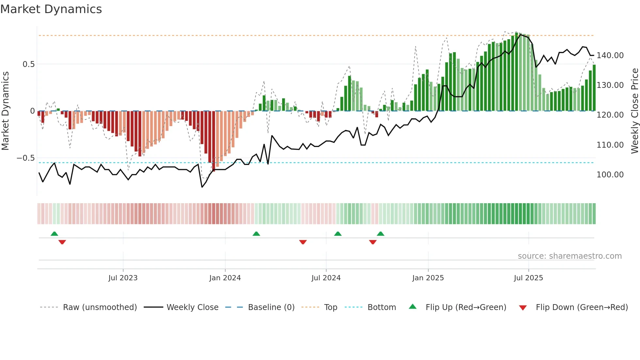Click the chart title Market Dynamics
51,9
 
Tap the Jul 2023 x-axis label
123,278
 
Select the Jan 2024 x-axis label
225,278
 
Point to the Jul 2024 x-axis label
326,278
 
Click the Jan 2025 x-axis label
428,278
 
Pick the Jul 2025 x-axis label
528,278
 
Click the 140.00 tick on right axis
610,56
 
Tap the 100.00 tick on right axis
610,175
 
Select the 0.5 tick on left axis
29,64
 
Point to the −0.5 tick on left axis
26,158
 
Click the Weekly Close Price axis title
634,111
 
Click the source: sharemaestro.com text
569,256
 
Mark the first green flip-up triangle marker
55,234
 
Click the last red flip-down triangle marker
373,242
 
